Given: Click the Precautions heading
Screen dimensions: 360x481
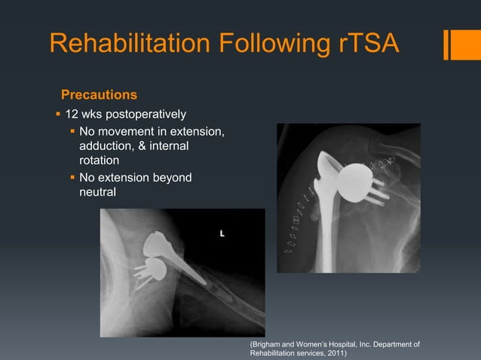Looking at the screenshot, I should pyautogui.click(x=99, y=95).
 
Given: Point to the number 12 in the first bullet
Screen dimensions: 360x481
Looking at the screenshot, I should pyautogui.click(x=73, y=114).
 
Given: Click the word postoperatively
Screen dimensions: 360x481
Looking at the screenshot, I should pyautogui.click(x=146, y=114).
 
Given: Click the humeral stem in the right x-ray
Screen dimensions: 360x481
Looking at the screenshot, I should pyautogui.click(x=329, y=226).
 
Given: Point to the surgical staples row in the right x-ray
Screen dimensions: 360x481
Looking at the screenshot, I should pyautogui.click(x=296, y=218).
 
